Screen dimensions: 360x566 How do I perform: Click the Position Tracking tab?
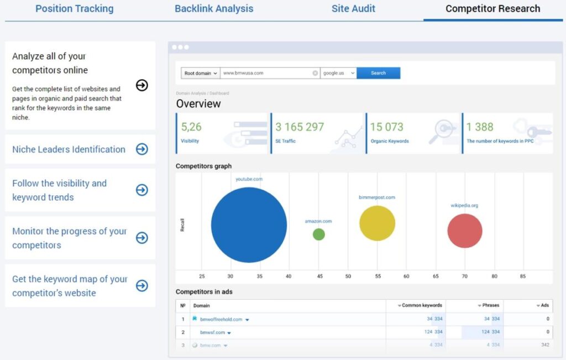(x=74, y=9)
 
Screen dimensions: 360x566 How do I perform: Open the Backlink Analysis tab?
(x=214, y=9)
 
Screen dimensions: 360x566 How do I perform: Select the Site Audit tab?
(x=353, y=9)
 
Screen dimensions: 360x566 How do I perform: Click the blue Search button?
(x=378, y=73)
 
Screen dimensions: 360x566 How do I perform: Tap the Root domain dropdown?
(x=200, y=73)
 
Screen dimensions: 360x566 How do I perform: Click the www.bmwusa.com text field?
(x=266, y=73)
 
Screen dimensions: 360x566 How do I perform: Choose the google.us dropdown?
(x=338, y=73)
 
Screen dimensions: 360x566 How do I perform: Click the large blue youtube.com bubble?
(x=249, y=225)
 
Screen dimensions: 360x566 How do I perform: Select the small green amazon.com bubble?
(x=319, y=234)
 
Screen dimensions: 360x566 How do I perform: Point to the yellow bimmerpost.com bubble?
(x=377, y=223)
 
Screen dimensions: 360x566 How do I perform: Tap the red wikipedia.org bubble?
(x=464, y=231)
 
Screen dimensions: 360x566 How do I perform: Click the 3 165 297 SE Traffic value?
(x=300, y=127)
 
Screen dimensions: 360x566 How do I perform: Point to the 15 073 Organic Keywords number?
(x=387, y=127)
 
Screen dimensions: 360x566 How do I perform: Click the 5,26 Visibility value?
(x=191, y=127)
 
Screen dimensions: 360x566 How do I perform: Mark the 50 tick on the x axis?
(x=348, y=276)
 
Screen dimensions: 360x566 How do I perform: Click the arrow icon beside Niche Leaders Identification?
(x=142, y=149)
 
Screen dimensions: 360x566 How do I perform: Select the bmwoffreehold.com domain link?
(x=221, y=319)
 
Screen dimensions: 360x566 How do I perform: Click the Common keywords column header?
(x=421, y=305)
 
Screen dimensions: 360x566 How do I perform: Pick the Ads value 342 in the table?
(x=544, y=345)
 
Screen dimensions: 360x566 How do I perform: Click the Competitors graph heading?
(x=203, y=166)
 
